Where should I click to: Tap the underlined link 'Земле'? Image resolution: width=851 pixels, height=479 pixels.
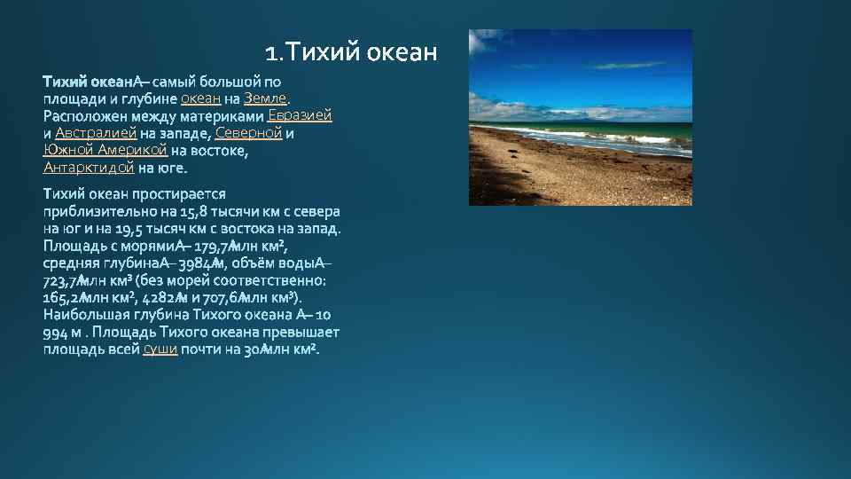265,98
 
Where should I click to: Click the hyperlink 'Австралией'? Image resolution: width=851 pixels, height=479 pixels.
95,133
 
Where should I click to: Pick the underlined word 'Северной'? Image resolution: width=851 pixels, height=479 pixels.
248,133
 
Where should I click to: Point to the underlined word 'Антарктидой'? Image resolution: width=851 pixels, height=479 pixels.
89,167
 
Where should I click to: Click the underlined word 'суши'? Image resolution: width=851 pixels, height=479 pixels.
160,349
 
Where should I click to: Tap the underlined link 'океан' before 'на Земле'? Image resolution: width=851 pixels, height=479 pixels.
200,98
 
